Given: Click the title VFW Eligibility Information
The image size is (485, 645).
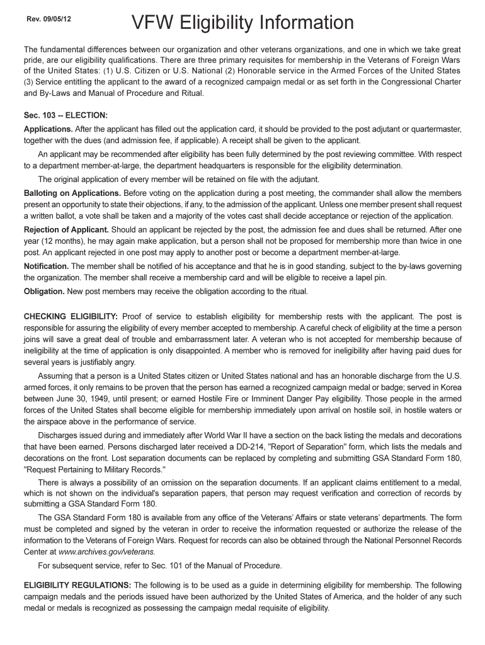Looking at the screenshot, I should [243, 24].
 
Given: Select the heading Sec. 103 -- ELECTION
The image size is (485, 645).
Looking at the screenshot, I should [66, 116].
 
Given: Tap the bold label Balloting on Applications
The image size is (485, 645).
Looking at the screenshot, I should [72, 193].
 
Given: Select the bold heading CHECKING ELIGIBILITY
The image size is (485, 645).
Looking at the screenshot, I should [71, 316].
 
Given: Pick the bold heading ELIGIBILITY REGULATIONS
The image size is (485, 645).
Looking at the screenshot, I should [77, 585].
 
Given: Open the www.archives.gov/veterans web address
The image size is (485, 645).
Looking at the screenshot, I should [88, 552].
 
